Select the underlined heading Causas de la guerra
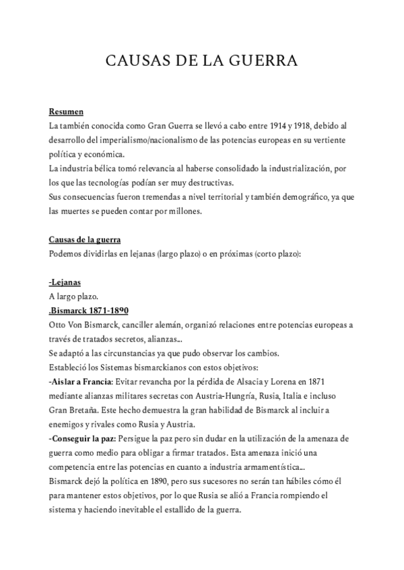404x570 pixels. coord(85,240)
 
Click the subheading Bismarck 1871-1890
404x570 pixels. coord(90,311)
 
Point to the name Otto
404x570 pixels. coord(58,325)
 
